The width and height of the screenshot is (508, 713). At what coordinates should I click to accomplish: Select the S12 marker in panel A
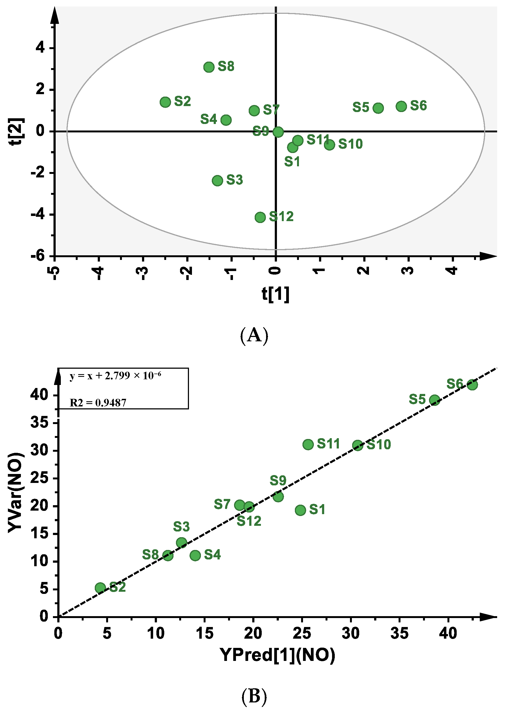click(x=260, y=217)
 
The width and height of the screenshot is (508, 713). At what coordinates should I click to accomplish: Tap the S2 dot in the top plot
click(x=165, y=102)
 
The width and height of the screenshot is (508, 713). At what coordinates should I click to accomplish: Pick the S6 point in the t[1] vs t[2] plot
click(x=401, y=106)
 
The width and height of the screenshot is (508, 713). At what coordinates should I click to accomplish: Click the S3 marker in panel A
click(x=217, y=180)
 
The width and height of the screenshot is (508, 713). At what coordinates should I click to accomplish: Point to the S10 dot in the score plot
click(x=329, y=145)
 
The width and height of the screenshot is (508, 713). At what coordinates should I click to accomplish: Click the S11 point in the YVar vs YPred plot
click(x=308, y=444)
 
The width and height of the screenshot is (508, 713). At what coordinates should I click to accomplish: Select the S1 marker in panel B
click(x=300, y=510)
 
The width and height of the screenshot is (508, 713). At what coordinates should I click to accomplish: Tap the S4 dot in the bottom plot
click(x=195, y=555)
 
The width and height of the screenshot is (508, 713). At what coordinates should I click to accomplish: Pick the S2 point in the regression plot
click(x=100, y=588)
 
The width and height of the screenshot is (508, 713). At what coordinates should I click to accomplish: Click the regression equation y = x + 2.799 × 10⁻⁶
click(x=115, y=376)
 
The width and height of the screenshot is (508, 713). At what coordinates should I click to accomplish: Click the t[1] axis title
click(x=276, y=294)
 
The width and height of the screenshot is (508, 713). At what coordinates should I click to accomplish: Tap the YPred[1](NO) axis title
click(x=277, y=655)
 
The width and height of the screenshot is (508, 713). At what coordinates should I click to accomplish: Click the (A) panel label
click(x=254, y=335)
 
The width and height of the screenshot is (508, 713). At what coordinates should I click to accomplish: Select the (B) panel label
click(x=254, y=696)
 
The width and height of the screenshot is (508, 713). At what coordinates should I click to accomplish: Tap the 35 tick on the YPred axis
click(x=399, y=634)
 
